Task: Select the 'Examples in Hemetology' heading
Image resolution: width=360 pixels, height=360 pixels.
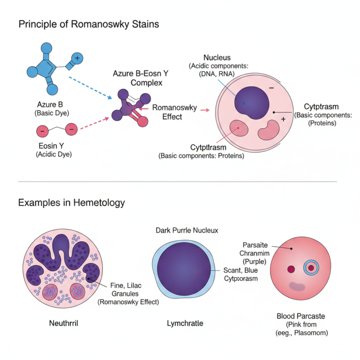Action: coord(71,202)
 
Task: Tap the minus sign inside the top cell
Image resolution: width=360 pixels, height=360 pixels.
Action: coord(271,88)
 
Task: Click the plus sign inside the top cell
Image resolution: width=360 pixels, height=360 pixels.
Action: coord(283,120)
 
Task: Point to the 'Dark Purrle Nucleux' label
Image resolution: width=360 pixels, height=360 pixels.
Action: coord(187,230)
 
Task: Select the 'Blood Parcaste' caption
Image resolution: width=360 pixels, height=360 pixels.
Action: coord(301,316)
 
